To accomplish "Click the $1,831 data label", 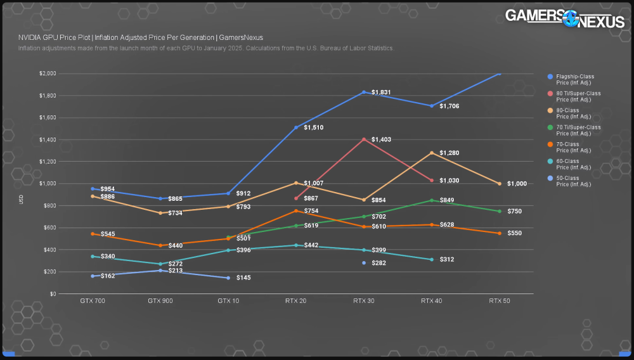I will (381, 93).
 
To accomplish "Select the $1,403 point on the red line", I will (364, 139).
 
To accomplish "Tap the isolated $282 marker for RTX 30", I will (364, 262).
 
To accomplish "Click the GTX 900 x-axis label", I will (160, 301).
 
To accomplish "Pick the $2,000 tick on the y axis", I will (48, 74).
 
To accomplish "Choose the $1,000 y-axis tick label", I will (48, 184).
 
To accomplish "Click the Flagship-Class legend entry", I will (575, 79).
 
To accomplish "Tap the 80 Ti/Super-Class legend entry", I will (578, 96).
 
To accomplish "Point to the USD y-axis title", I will (21, 200).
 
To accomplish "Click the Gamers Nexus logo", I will (564, 18).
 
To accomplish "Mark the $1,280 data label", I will (449, 153).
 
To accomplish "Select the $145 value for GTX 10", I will (243, 278).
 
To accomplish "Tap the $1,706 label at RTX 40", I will (449, 106).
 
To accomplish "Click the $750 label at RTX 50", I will (514, 211).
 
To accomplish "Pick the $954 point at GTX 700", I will (93, 189).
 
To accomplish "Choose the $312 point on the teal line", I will (432, 260).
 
